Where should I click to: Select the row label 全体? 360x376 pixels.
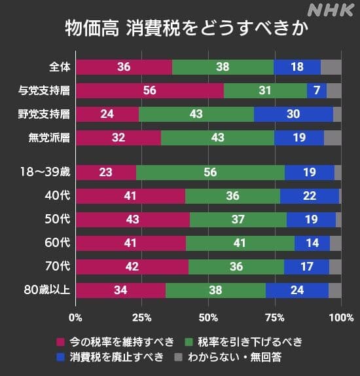pyautogui.click(x=60, y=67)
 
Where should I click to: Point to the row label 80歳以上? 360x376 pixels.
pyautogui.click(x=47, y=290)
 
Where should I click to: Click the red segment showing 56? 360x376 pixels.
pyautogui.click(x=149, y=91)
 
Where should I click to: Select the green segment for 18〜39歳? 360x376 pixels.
pyautogui.click(x=210, y=172)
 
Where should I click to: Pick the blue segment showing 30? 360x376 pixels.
pyautogui.click(x=293, y=114)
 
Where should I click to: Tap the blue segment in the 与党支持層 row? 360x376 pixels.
pyautogui.click(x=317, y=91)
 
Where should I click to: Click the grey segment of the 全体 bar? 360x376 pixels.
pyautogui.click(x=331, y=67)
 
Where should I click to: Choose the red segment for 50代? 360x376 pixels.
pyautogui.click(x=133, y=219)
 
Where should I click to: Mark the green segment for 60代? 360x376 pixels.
pyautogui.click(x=240, y=243)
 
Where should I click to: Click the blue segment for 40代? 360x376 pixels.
pyautogui.click(x=310, y=196)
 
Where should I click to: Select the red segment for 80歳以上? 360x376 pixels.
pyautogui.click(x=120, y=290)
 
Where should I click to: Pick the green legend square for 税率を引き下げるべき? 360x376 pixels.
pyautogui.click(x=190, y=341)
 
